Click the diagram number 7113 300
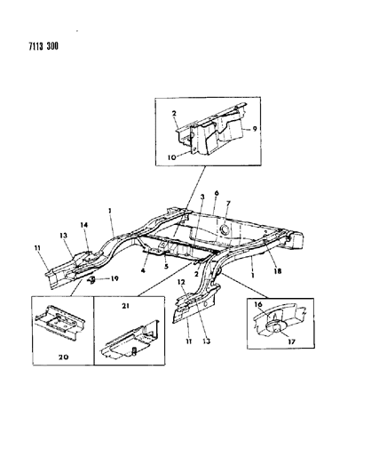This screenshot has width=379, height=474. click(43, 46)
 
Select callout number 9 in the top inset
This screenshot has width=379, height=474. click(255, 129)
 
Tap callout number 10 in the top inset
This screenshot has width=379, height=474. click(171, 157)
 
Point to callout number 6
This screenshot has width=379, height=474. click(217, 193)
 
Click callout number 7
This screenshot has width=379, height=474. click(228, 204)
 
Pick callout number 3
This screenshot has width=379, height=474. click(202, 197)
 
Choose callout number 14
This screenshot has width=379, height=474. click(84, 225)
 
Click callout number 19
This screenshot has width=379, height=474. click(114, 278)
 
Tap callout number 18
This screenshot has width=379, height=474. click(277, 271)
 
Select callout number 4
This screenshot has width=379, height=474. click(143, 270)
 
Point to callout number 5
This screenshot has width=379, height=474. click(166, 267)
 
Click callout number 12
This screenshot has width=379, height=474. click(181, 282)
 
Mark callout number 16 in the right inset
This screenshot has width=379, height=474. click(258, 304)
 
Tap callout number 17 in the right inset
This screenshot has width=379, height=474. click(291, 341)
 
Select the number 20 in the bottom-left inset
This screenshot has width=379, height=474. click(63, 357)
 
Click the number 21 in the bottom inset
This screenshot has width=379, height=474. click(126, 306)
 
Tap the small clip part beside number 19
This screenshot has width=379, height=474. click(92, 280)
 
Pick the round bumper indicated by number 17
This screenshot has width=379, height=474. click(276, 327)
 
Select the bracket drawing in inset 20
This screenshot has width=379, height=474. click(60, 324)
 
